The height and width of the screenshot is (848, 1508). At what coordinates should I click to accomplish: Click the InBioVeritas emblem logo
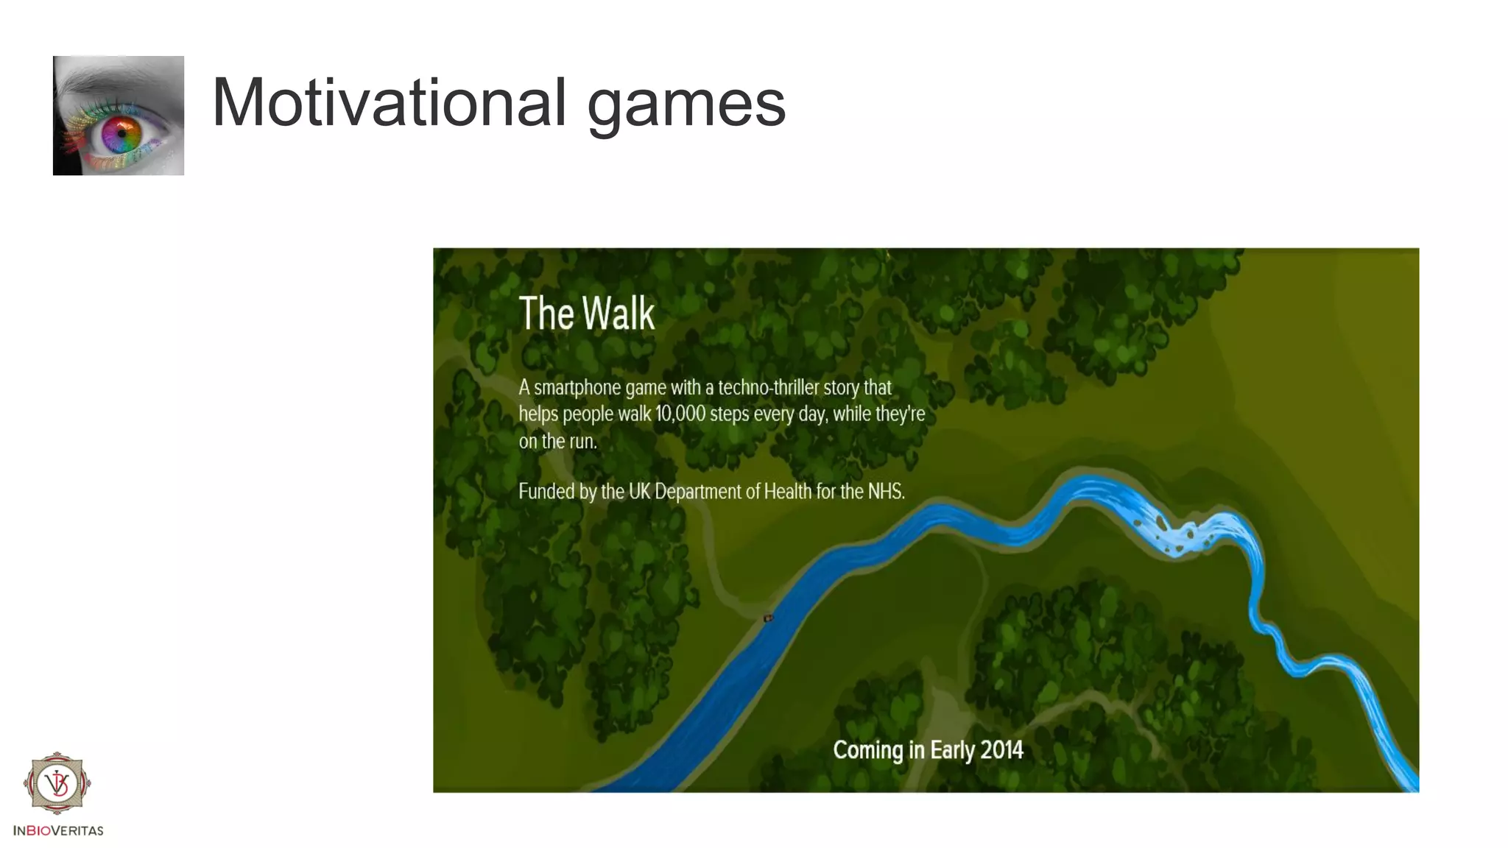click(x=57, y=783)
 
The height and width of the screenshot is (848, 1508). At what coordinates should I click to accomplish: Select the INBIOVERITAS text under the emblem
click(x=58, y=830)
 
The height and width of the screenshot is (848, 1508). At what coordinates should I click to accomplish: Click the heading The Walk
click(x=586, y=314)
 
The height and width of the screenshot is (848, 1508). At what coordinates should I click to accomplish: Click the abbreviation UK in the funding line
click(x=639, y=491)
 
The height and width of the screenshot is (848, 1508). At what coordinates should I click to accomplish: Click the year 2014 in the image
click(x=1001, y=750)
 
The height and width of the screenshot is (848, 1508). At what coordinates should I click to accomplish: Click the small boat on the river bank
click(x=768, y=618)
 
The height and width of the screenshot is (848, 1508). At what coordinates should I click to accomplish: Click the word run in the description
click(x=582, y=442)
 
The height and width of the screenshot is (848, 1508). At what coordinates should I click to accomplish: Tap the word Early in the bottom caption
click(x=953, y=750)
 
